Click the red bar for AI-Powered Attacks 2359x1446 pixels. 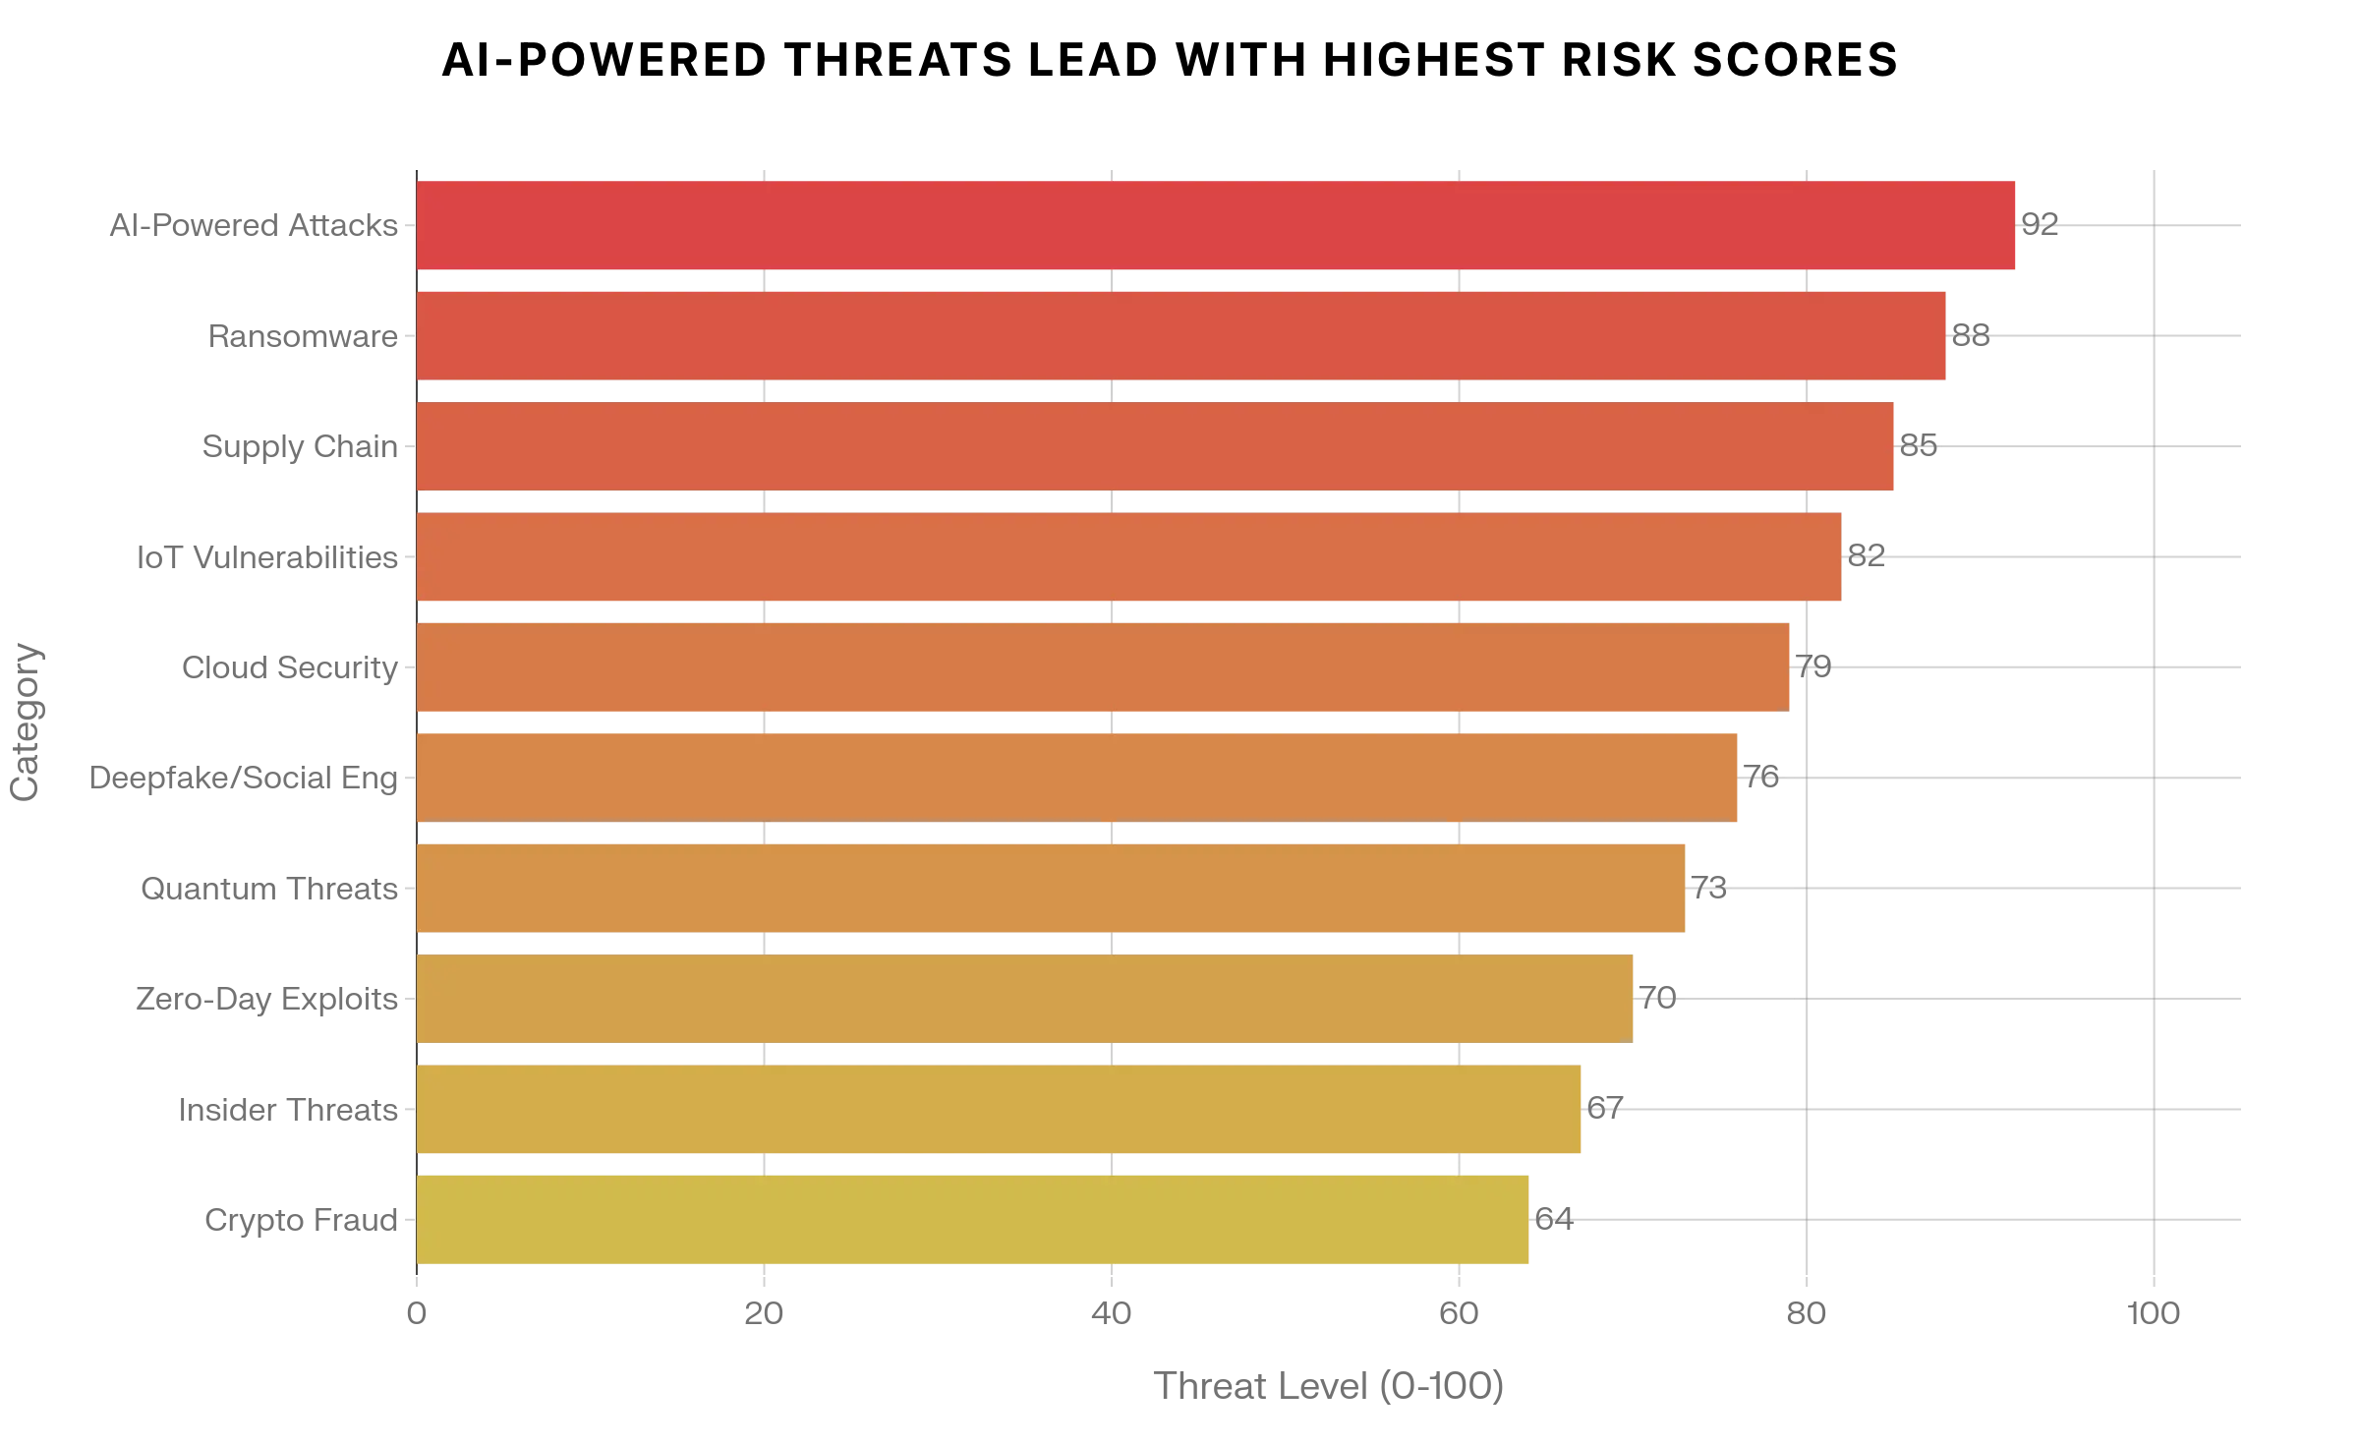[x=1219, y=223]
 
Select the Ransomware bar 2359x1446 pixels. [x=1179, y=335]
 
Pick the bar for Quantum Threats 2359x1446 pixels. [x=1052, y=888]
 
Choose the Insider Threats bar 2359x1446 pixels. [x=999, y=1109]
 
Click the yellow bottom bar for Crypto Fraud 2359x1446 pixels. [x=973, y=1219]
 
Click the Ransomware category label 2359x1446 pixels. [x=307, y=336]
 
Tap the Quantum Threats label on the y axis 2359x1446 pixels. [x=271, y=892]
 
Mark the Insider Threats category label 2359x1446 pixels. [x=292, y=1116]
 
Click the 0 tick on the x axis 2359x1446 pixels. [x=418, y=1313]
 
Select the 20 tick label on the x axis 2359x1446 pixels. [x=765, y=1313]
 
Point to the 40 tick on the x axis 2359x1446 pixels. [x=1113, y=1313]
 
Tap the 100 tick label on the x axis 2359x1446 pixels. [x=2153, y=1313]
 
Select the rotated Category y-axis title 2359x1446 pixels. [x=24, y=723]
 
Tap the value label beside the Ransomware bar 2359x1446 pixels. [x=1968, y=335]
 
